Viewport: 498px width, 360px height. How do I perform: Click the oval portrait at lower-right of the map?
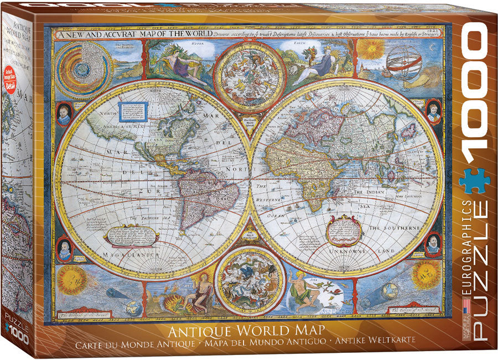(x=433, y=243)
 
